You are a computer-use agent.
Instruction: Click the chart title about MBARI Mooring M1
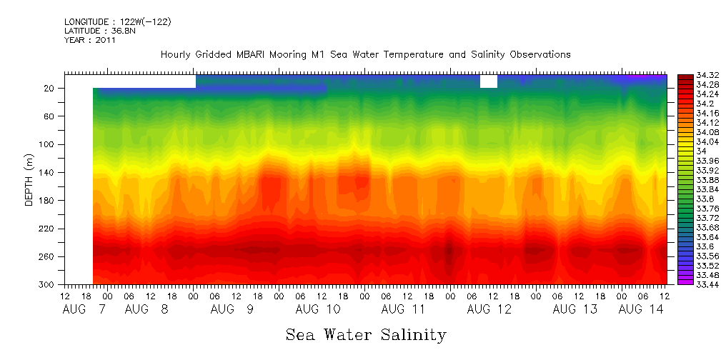tap(365, 55)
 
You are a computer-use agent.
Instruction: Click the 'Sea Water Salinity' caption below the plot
tap(366, 335)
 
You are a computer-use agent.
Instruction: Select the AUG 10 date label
tap(317, 309)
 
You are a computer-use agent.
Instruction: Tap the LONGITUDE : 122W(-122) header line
tap(118, 22)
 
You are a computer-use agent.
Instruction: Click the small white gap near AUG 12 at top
tap(489, 81)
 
